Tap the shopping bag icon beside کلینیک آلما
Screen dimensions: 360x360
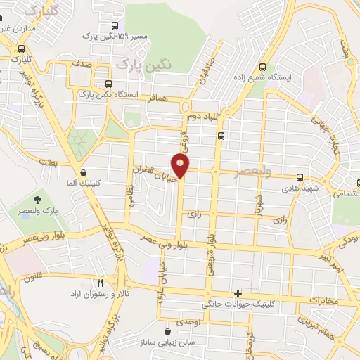tap(84, 172)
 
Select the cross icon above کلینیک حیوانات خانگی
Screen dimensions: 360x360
tap(238, 293)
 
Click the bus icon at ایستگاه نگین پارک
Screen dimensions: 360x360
tap(108, 83)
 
